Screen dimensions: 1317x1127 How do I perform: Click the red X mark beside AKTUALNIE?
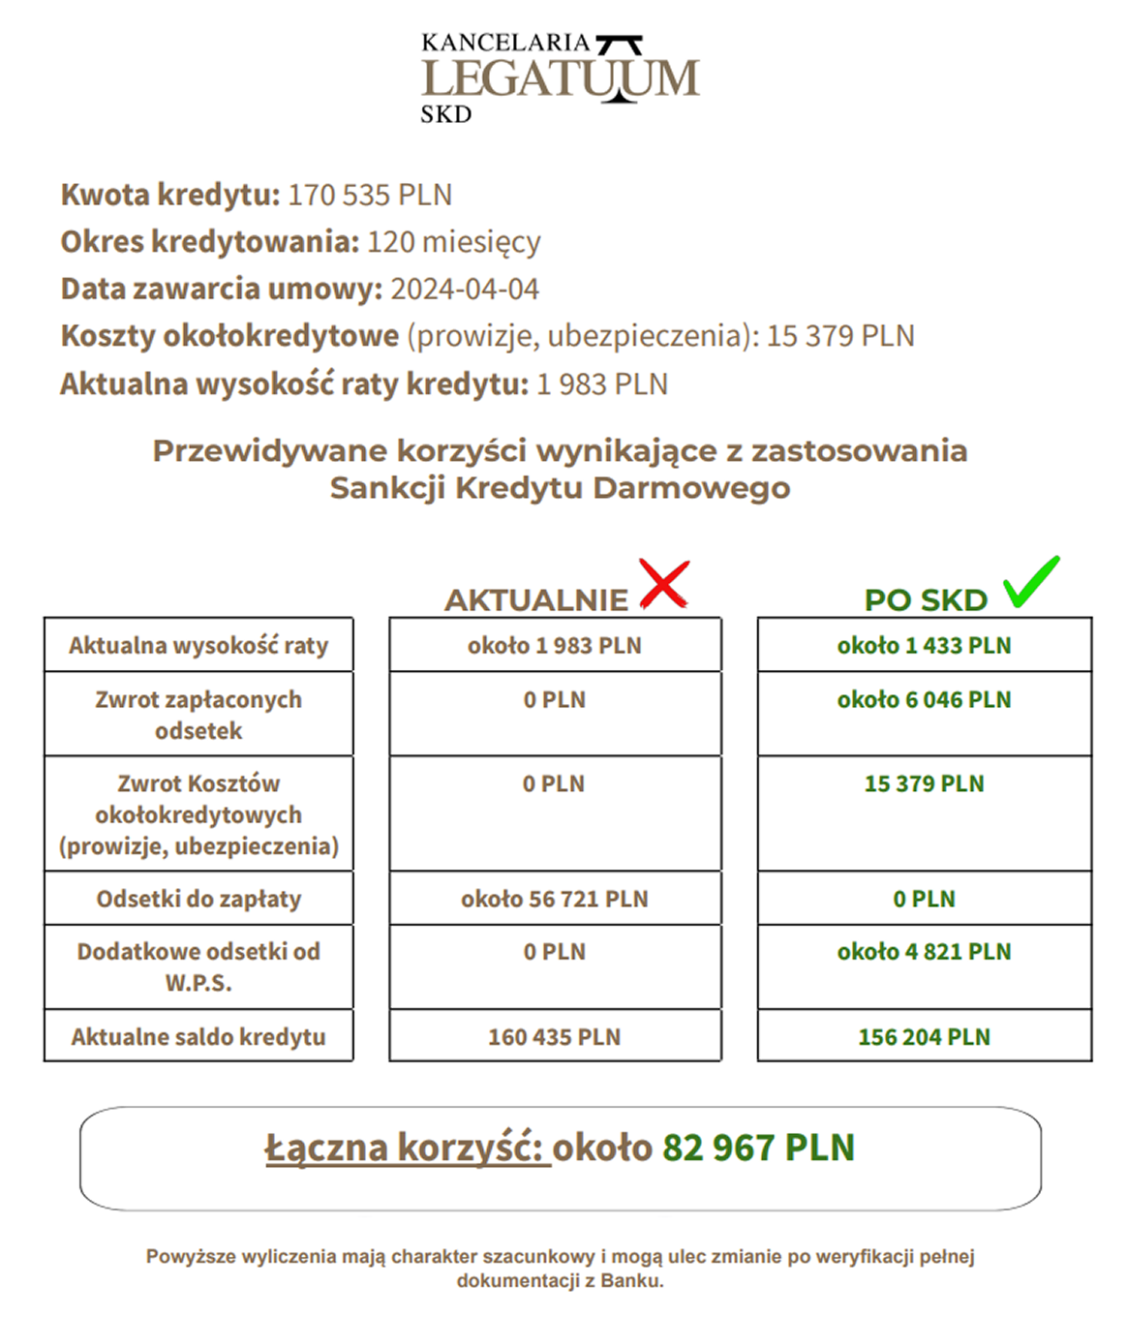click(x=664, y=584)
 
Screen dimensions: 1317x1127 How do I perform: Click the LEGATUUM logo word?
click(x=560, y=78)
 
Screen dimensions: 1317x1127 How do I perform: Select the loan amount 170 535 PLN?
click(x=370, y=195)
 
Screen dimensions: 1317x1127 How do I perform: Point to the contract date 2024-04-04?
click(x=465, y=289)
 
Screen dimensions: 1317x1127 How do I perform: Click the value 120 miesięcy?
click(x=453, y=241)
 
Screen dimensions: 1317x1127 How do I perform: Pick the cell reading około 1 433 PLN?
click(x=924, y=646)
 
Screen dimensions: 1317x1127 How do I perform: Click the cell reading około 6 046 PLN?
click(x=924, y=700)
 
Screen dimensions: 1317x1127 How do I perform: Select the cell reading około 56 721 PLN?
click(x=555, y=900)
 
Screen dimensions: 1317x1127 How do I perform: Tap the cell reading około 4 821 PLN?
click(x=924, y=952)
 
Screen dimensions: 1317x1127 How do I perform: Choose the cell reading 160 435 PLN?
click(x=555, y=1037)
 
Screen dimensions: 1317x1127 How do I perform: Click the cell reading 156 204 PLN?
click(x=924, y=1037)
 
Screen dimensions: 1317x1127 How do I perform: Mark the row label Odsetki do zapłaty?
click(x=198, y=900)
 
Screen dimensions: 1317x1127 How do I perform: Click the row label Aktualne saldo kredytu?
click(x=198, y=1037)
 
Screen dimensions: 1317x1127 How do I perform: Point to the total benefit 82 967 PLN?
click(x=758, y=1148)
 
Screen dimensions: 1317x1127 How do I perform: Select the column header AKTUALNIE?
click(x=536, y=600)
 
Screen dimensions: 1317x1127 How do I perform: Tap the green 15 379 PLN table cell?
click(x=924, y=784)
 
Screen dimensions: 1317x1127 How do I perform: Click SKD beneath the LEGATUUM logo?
click(x=445, y=114)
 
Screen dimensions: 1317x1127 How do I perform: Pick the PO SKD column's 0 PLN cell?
click(x=924, y=900)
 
